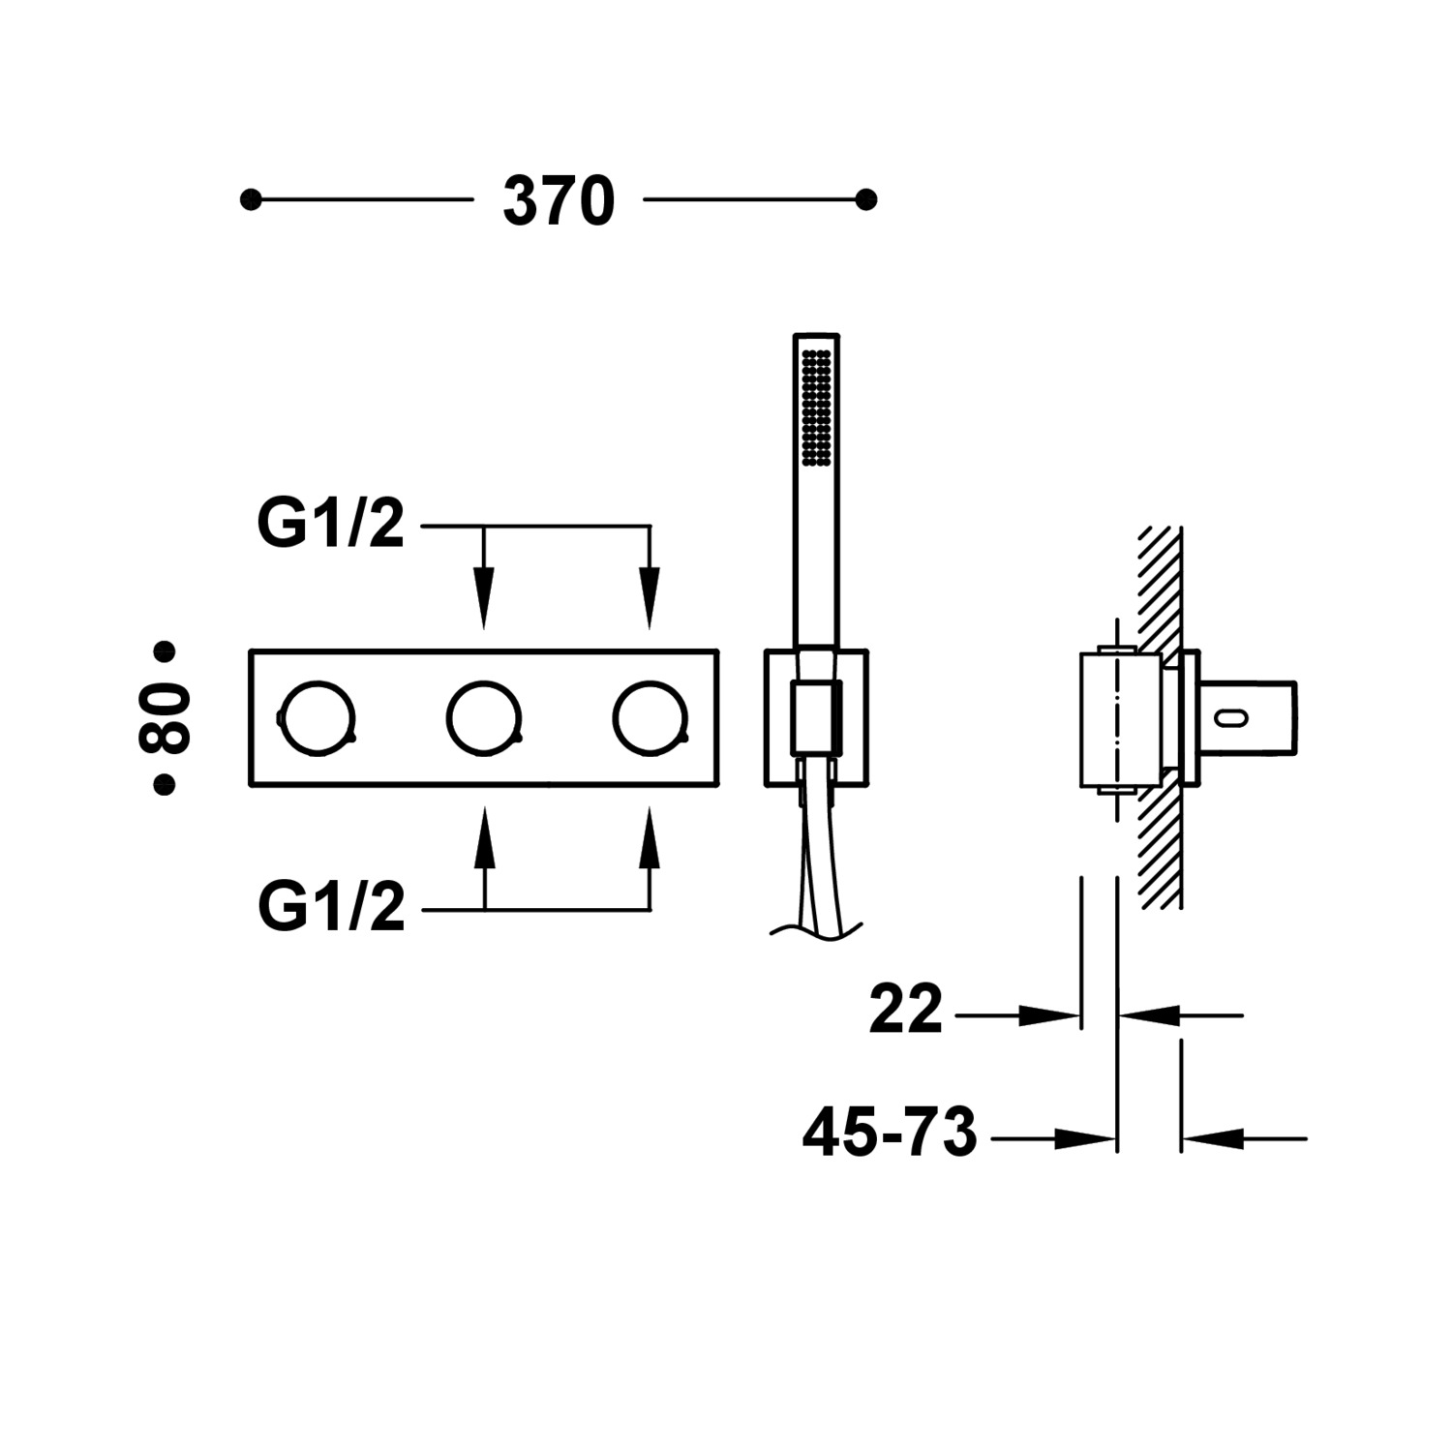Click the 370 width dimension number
[x=559, y=202]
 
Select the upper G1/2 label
[x=330, y=526]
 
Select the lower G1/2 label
[x=331, y=908]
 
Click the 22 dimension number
[x=905, y=1011]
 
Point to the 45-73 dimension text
[x=890, y=1134]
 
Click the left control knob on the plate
[x=318, y=718]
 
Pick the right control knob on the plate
[x=650, y=718]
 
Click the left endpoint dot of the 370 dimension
[x=251, y=200]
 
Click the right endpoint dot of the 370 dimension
[x=866, y=200]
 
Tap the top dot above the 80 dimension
[x=165, y=650]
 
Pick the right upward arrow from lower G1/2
[x=650, y=842]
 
